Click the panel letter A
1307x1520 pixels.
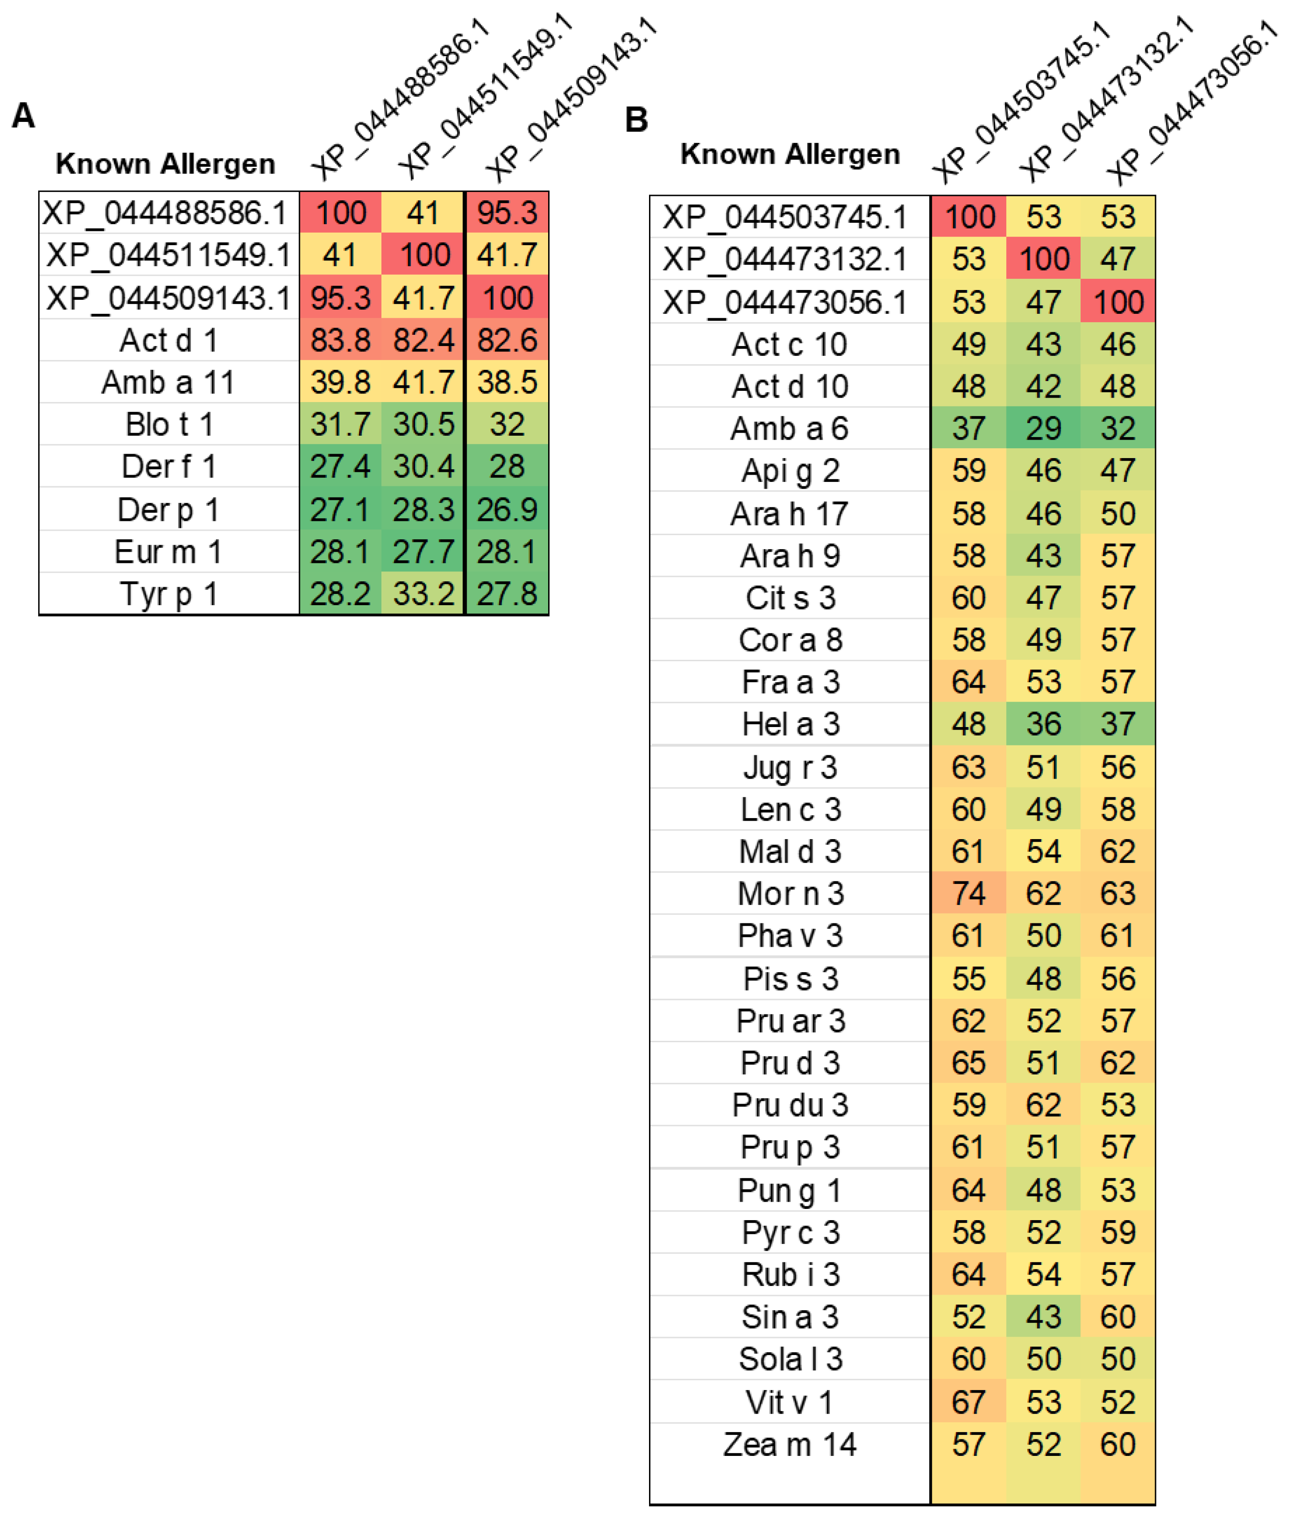click(x=23, y=116)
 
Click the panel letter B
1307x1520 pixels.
click(x=636, y=120)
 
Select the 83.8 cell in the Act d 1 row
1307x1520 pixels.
click(x=340, y=340)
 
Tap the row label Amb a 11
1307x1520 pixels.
click(x=168, y=382)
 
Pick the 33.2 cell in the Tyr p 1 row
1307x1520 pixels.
click(x=423, y=593)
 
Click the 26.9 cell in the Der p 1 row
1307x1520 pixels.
click(x=507, y=509)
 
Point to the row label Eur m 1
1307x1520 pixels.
click(x=168, y=552)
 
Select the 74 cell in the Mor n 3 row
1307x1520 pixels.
click(x=968, y=893)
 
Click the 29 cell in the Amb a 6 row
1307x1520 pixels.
click(x=1043, y=429)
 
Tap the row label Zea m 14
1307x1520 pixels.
click(x=789, y=1444)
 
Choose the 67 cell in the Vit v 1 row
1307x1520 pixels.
click(x=968, y=1402)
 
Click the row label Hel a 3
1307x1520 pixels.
click(x=790, y=724)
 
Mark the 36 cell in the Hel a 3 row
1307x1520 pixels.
click(x=1043, y=724)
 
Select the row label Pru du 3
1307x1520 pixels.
click(x=790, y=1105)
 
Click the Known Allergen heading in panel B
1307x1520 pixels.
click(x=790, y=154)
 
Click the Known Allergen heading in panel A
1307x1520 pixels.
click(x=166, y=164)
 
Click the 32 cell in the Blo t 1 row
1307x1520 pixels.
click(x=507, y=424)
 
